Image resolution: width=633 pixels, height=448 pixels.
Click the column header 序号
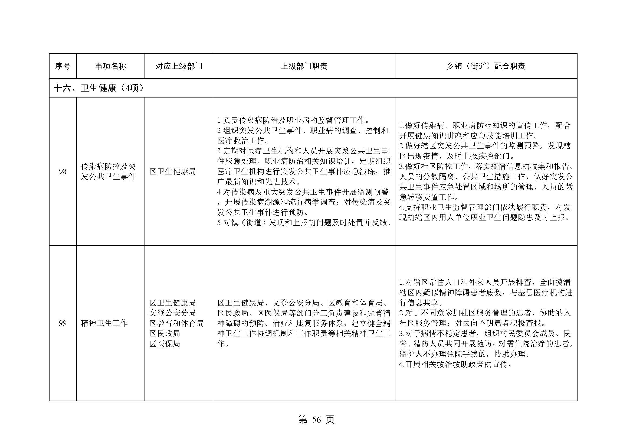(x=63, y=66)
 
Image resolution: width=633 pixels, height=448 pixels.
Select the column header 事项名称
(x=111, y=66)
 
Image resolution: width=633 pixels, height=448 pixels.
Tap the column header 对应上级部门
(x=179, y=66)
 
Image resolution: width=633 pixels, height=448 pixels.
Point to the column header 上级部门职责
(x=304, y=66)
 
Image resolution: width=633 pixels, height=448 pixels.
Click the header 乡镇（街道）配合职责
(x=486, y=66)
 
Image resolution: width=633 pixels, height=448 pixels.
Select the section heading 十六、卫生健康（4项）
(x=99, y=88)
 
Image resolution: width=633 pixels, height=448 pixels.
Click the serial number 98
(x=63, y=171)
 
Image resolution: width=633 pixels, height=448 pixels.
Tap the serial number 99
(x=63, y=323)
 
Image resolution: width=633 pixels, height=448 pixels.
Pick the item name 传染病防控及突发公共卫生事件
(x=108, y=171)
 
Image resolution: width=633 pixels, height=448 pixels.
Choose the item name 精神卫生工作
(x=104, y=323)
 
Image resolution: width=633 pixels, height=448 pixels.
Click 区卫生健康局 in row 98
(x=173, y=171)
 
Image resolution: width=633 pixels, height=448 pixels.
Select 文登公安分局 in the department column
(x=173, y=313)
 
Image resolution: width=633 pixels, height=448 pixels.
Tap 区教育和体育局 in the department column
(x=176, y=323)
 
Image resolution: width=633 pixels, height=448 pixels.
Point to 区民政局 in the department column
(x=165, y=333)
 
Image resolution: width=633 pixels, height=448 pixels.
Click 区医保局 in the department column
(x=165, y=344)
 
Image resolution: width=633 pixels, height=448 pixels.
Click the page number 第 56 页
(x=316, y=420)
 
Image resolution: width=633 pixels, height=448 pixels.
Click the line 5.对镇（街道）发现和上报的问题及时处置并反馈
(x=304, y=223)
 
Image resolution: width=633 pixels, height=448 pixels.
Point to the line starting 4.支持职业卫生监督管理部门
(x=485, y=207)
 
